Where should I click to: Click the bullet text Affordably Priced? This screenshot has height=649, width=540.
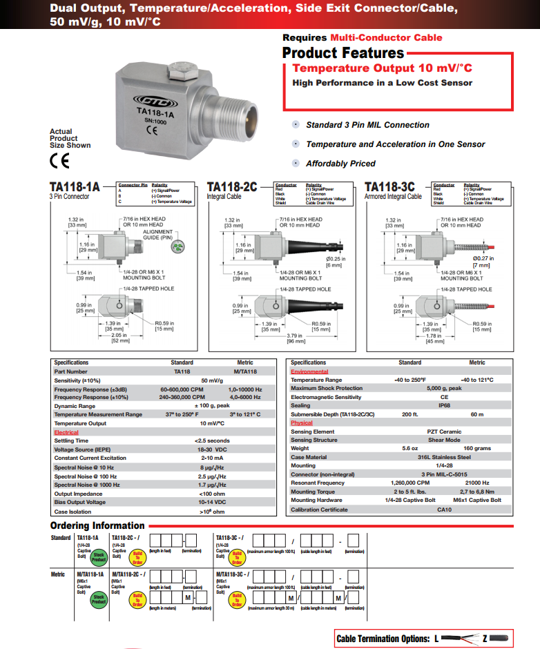340,164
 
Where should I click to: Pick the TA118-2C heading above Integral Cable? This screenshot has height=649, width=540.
232,186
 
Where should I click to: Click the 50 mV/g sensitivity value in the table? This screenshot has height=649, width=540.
211,380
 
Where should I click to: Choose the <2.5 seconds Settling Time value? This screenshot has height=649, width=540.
211,440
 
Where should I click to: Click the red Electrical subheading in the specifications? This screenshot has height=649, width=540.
66,432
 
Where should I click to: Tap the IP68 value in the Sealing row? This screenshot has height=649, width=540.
444,406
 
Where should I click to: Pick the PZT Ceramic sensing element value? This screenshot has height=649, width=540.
444,432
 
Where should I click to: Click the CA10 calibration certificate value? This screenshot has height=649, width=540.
444,510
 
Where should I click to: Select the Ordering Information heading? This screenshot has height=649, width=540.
97,525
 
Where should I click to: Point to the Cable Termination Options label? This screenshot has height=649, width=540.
382,639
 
